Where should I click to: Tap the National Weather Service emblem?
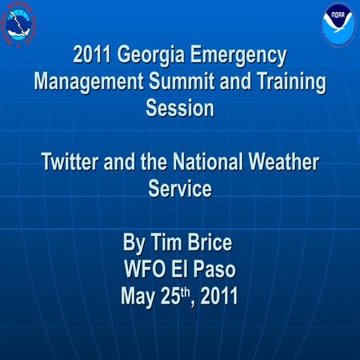[21, 22]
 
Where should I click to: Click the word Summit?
[171, 82]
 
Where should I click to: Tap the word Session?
[180, 108]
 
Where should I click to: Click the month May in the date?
[139, 296]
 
